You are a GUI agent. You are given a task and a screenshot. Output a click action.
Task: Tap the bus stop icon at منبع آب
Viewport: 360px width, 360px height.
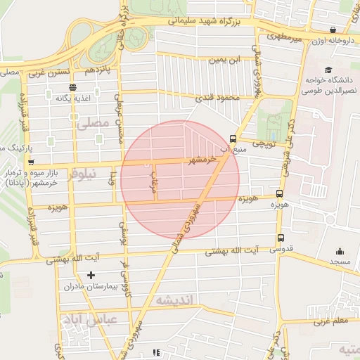pyautogui.click(x=233, y=139)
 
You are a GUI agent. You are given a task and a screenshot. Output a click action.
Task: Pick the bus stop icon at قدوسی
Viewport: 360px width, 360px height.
pyautogui.click(x=281, y=238)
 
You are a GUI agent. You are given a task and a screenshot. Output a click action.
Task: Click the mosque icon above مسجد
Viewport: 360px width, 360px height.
pyautogui.click(x=340, y=251)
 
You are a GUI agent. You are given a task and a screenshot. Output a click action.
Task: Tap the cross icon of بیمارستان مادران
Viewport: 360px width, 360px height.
pyautogui.click(x=91, y=275)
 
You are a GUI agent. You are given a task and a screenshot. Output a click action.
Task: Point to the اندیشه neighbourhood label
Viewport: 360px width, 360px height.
pyautogui.click(x=176, y=300)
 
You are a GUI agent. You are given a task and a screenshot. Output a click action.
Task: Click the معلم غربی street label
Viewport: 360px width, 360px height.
pyautogui.click(x=330, y=321)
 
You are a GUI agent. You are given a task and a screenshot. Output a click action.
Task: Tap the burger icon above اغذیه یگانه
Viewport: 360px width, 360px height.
pyautogui.click(x=73, y=87)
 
